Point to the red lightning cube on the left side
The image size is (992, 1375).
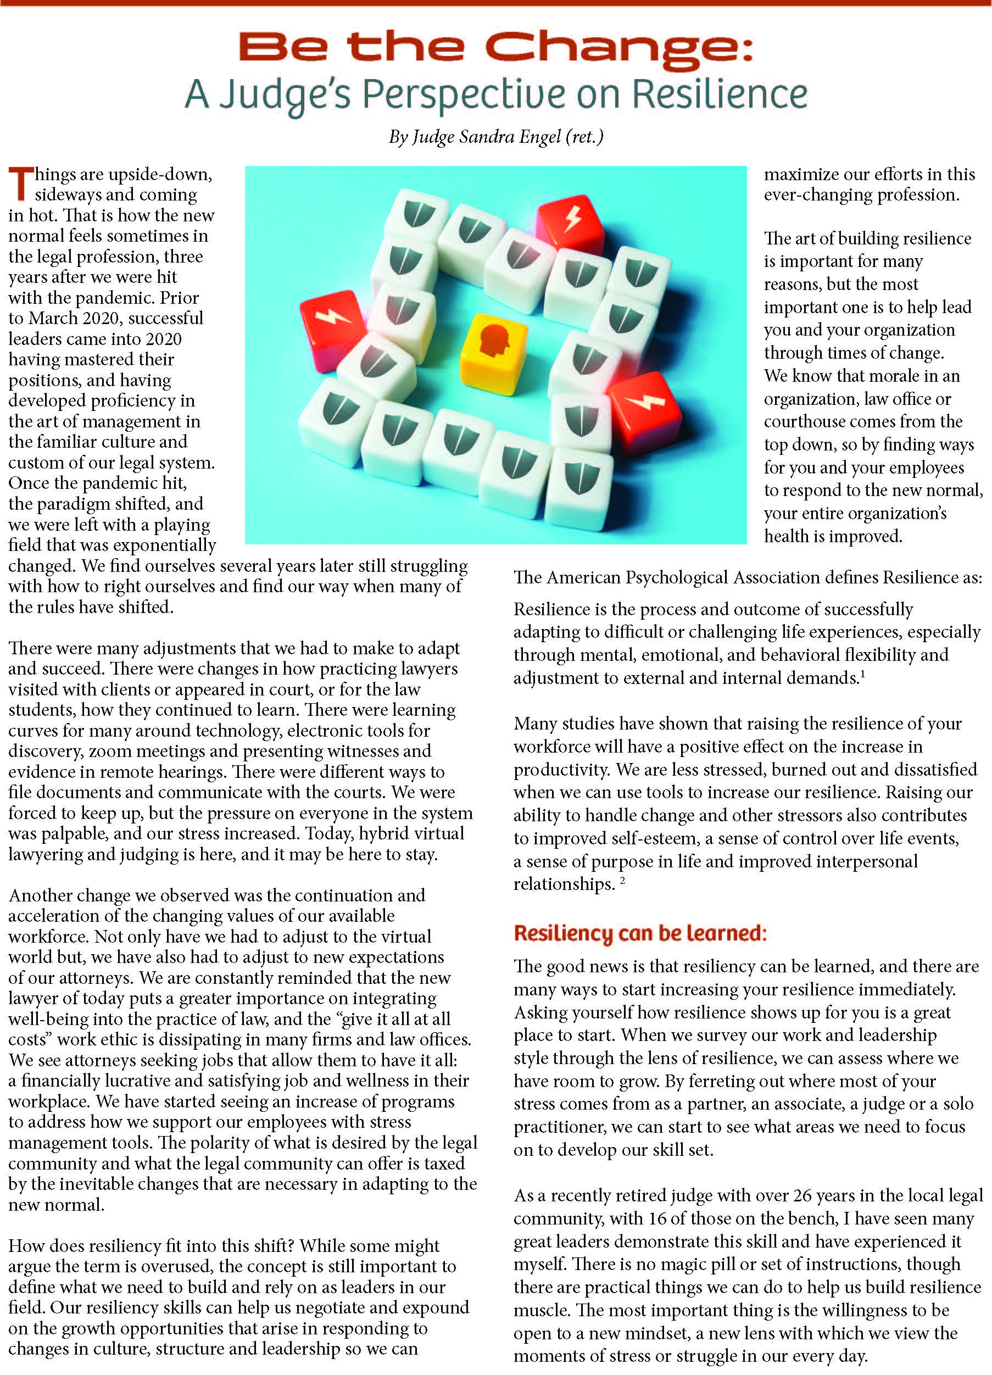333,328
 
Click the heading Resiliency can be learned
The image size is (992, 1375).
640,932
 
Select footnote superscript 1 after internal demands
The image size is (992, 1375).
862,673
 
